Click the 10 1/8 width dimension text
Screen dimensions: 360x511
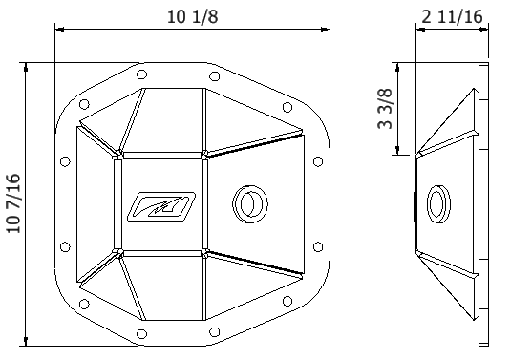click(x=188, y=16)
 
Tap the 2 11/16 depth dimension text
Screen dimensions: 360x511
click(x=450, y=16)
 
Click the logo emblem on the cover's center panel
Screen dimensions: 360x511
click(x=162, y=202)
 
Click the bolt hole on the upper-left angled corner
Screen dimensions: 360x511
click(x=84, y=104)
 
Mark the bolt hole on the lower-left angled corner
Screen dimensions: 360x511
click(x=84, y=304)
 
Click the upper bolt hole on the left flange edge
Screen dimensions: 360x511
click(x=65, y=162)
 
